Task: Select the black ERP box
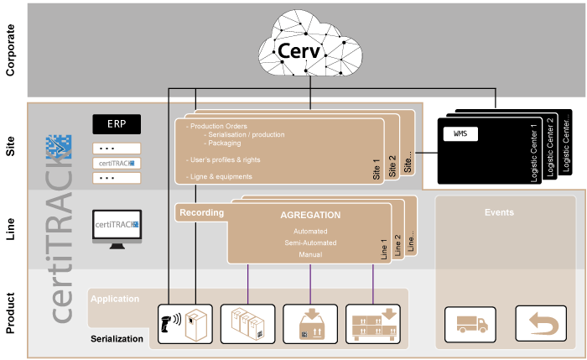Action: [117, 123]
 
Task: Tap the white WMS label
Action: [460, 134]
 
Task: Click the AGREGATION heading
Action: [310, 215]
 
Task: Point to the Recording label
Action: [201, 213]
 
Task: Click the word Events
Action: [500, 213]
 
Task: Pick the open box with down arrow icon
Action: [309, 324]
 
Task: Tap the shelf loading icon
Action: [372, 324]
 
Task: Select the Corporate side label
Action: [12, 50]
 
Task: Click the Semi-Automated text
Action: [310, 243]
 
